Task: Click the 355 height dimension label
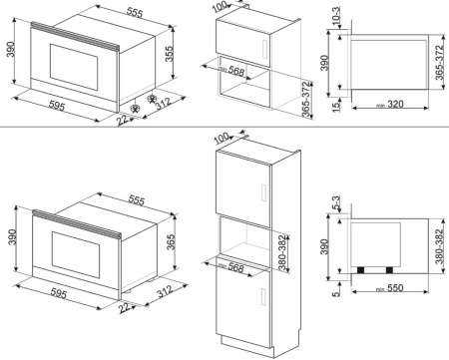click(x=170, y=54)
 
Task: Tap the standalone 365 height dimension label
click(x=171, y=242)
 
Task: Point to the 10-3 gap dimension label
click(x=336, y=16)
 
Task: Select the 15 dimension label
click(x=336, y=106)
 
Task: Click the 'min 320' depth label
click(x=390, y=105)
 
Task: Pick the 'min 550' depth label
click(x=390, y=288)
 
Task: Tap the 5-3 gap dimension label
click(x=336, y=203)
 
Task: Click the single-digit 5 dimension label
click(x=336, y=293)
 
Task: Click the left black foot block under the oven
click(x=360, y=270)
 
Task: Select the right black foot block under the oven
click(x=389, y=270)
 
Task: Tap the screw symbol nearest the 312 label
click(x=152, y=99)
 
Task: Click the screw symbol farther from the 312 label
click(x=135, y=109)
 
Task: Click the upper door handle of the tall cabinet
click(x=263, y=192)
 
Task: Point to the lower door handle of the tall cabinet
click(x=263, y=297)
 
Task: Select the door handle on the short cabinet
click(x=265, y=49)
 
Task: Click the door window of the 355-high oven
click(x=74, y=67)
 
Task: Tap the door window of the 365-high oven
click(x=76, y=255)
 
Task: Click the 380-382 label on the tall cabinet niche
click(x=282, y=252)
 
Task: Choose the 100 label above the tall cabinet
click(x=222, y=138)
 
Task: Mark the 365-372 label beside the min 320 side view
click(x=440, y=63)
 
